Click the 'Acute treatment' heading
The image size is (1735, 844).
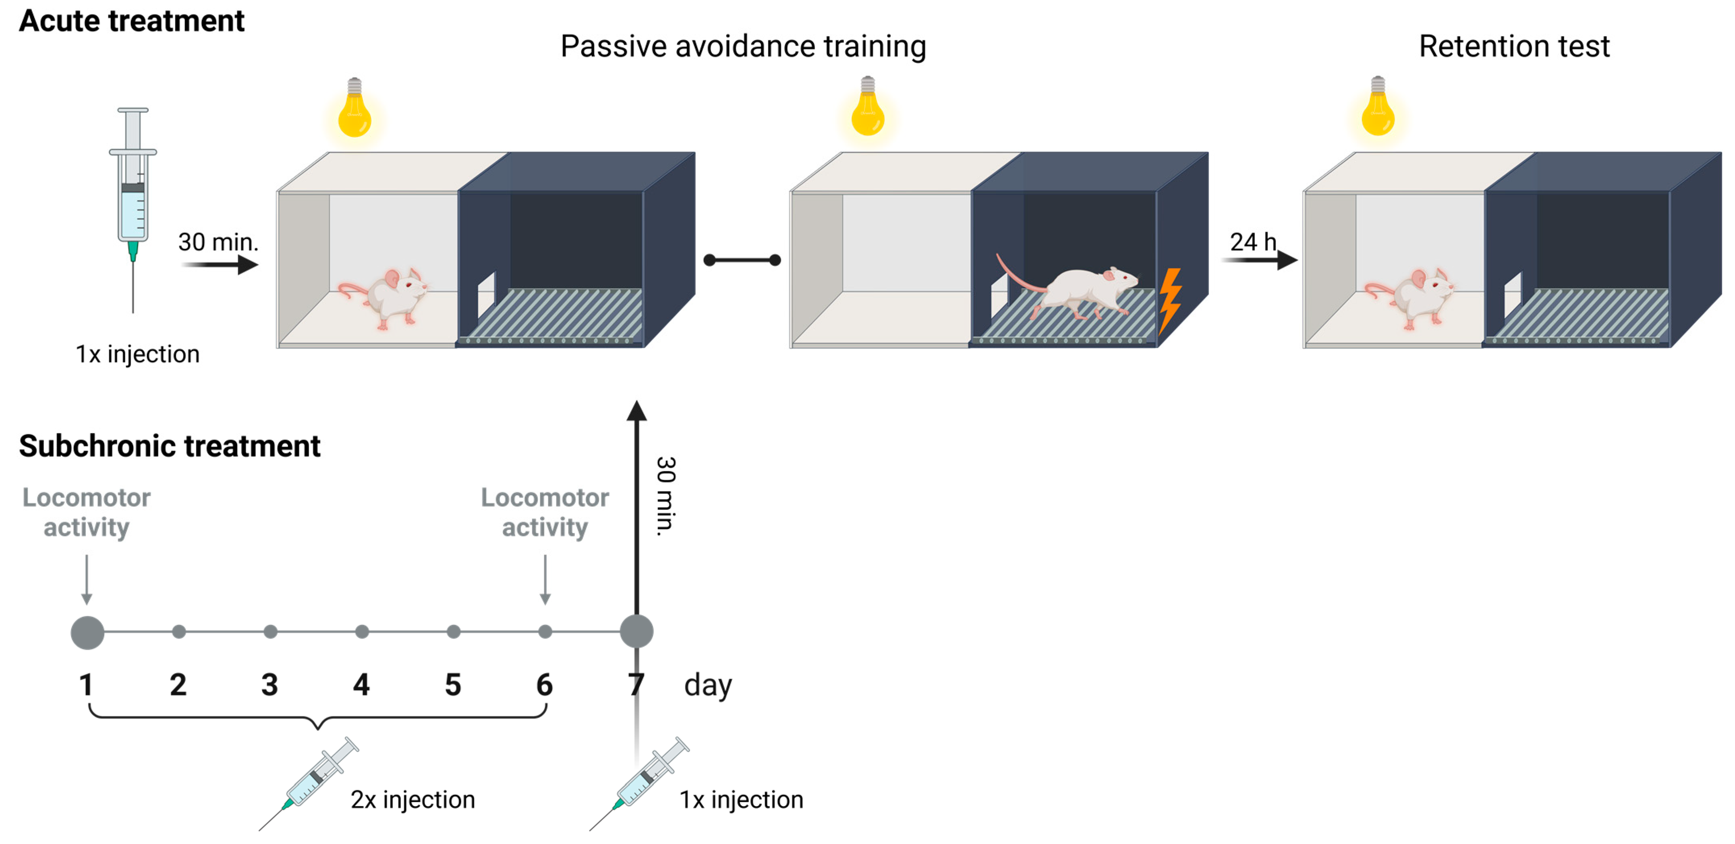pyautogui.click(x=131, y=21)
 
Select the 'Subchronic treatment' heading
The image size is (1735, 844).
pyautogui.click(x=170, y=446)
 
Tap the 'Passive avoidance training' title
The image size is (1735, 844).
pyautogui.click(x=743, y=46)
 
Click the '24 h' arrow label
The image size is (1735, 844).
pyautogui.click(x=1252, y=242)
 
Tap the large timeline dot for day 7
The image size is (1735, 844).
pyautogui.click(x=636, y=632)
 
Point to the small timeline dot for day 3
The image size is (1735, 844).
pyautogui.click(x=270, y=632)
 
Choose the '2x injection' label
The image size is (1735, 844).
pyautogui.click(x=412, y=800)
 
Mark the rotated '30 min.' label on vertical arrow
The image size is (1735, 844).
pyautogui.click(x=665, y=496)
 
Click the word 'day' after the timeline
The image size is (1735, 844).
pyautogui.click(x=707, y=686)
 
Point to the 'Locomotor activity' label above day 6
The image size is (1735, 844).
pyautogui.click(x=545, y=512)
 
